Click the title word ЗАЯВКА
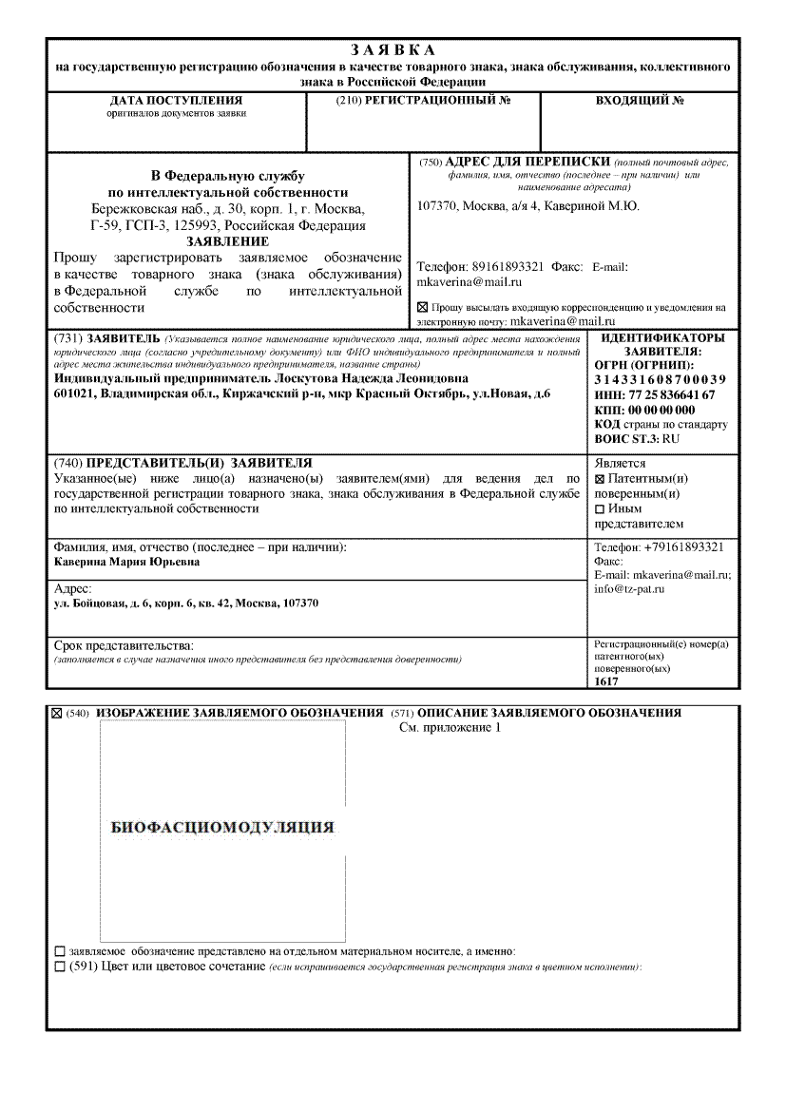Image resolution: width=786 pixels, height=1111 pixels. click(x=393, y=49)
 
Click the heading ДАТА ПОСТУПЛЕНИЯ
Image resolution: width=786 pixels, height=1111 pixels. click(x=176, y=100)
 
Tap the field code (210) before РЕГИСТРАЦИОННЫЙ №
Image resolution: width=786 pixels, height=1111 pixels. click(x=349, y=100)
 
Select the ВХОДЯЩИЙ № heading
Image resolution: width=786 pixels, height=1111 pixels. click(x=640, y=100)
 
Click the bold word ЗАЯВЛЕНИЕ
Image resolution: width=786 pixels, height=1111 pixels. click(x=227, y=241)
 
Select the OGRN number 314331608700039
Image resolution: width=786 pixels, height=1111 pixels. click(x=660, y=380)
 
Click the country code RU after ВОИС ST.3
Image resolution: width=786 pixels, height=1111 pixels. click(x=671, y=438)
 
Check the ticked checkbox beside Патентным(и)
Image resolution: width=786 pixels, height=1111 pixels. click(x=600, y=479)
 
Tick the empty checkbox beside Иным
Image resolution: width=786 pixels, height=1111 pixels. click(x=600, y=509)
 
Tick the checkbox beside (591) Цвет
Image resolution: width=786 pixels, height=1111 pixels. click(x=61, y=967)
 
